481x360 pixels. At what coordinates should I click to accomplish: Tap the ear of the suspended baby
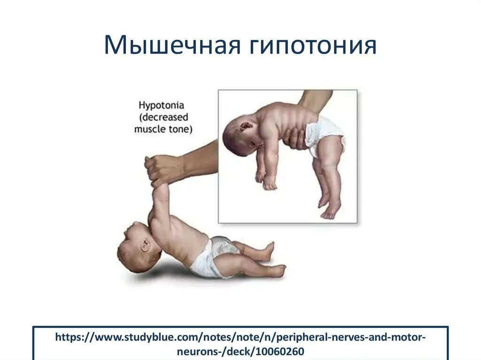(246, 127)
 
